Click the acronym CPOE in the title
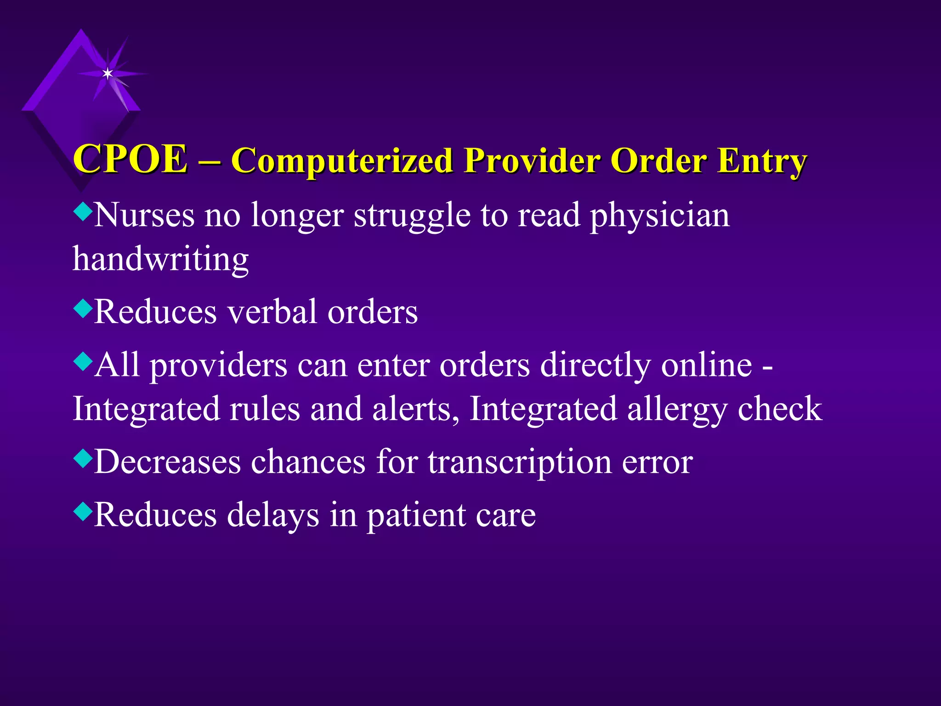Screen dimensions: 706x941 (130, 159)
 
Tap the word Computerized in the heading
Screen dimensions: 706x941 (342, 161)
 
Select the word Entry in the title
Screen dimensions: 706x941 (762, 161)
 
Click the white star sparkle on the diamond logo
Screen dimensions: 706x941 (108, 74)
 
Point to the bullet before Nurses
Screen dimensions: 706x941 (83, 212)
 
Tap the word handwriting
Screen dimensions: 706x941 (161, 259)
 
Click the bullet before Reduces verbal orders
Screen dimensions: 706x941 (83, 308)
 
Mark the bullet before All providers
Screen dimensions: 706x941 (83, 362)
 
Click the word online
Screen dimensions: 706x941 (707, 365)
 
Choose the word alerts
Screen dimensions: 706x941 (415, 409)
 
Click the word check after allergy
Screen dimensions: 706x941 (780, 409)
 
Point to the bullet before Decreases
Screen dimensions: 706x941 (83, 458)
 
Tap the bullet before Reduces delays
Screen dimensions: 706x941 (83, 511)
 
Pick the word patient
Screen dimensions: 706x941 (415, 515)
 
